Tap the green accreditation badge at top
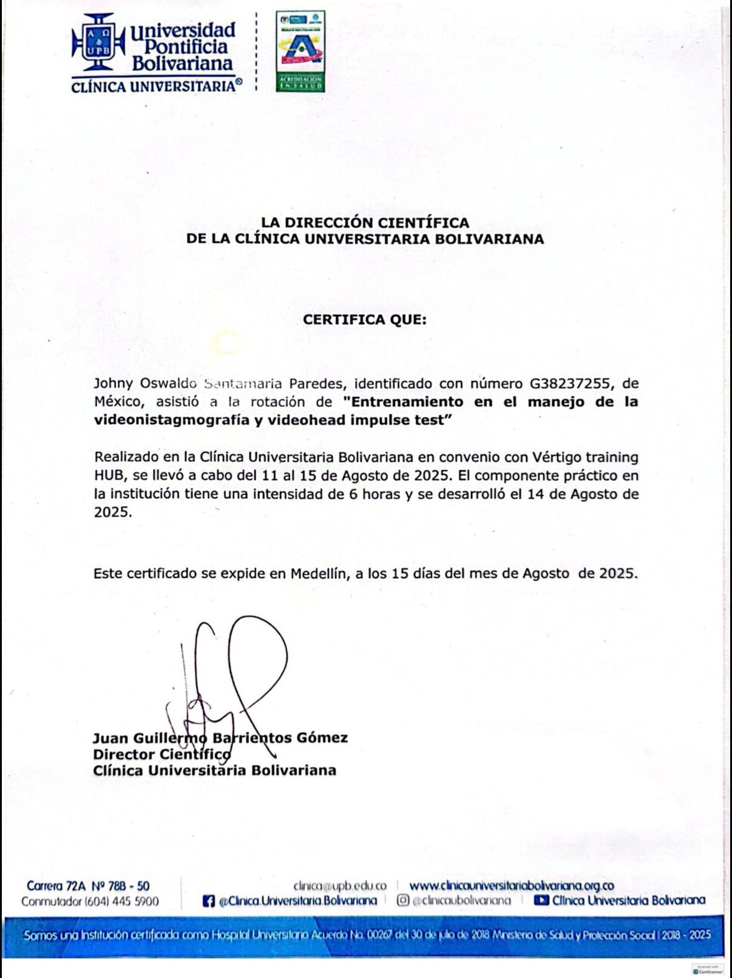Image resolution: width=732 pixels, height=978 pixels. [300, 51]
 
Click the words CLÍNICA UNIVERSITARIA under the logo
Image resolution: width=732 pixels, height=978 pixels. [153, 87]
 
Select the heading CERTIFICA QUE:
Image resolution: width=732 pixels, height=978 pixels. [365, 319]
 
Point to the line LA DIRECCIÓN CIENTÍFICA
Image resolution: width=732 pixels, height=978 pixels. [365, 223]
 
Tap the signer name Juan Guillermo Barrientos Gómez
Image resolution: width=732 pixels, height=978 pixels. [220, 738]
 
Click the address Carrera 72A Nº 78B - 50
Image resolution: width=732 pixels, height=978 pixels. [89, 886]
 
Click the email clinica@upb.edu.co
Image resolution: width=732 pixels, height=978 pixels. [339, 886]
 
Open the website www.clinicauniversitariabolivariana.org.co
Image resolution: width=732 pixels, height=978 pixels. [511, 886]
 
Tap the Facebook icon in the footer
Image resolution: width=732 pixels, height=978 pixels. [209, 902]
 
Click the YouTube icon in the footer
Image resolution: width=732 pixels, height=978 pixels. [541, 900]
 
